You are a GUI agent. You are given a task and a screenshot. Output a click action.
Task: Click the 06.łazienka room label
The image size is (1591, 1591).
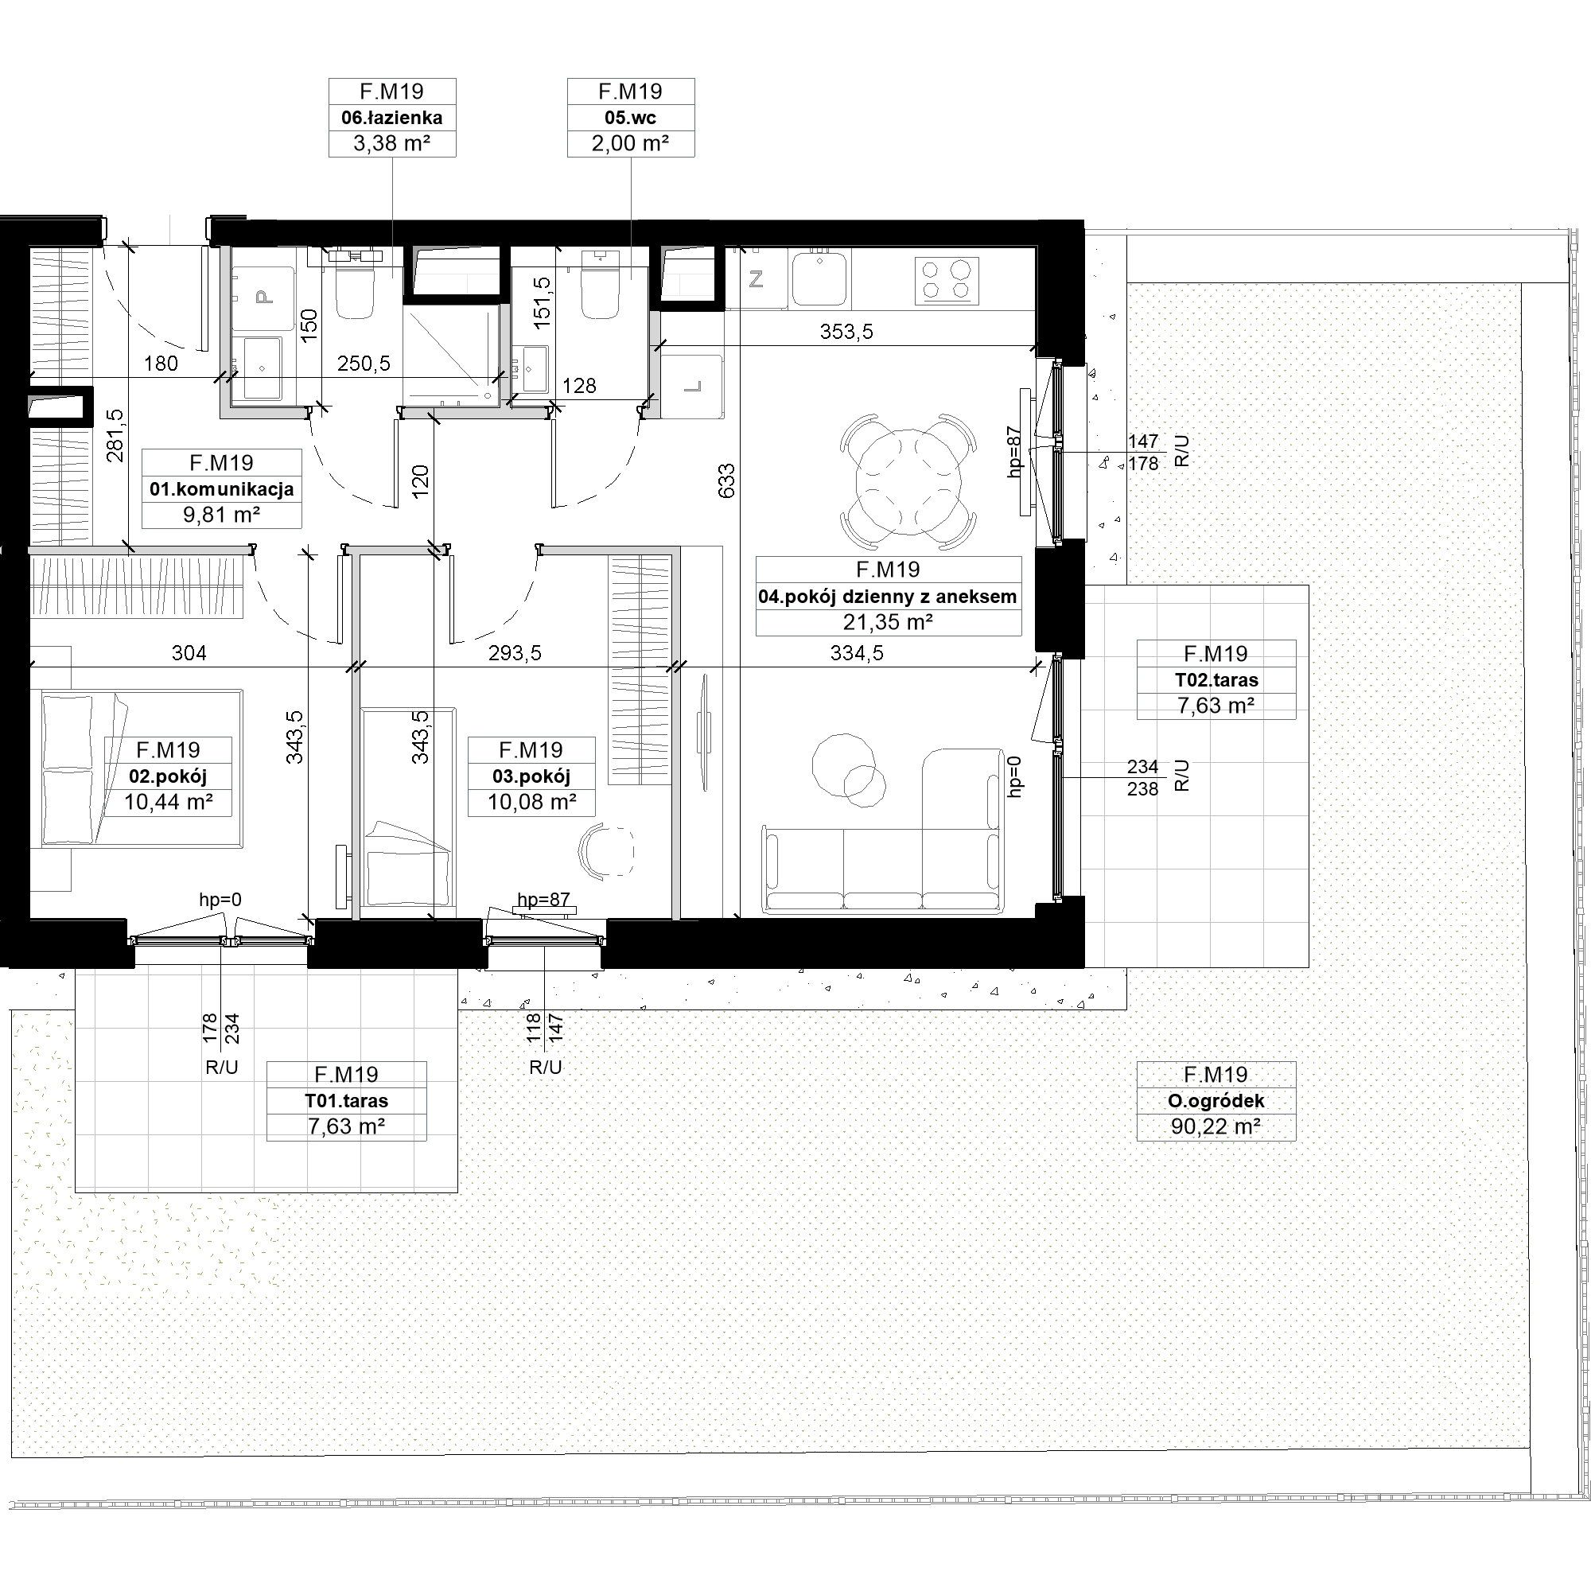click(x=392, y=118)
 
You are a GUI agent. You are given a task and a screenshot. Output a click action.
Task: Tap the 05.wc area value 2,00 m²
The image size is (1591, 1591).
click(x=630, y=143)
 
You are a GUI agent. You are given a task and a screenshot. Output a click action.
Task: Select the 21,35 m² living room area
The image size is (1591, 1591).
click(x=888, y=622)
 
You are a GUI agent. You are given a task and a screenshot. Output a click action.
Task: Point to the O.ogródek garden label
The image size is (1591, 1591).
click(x=1216, y=1101)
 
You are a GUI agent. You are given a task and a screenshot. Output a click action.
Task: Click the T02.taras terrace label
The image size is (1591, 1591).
click(x=1216, y=680)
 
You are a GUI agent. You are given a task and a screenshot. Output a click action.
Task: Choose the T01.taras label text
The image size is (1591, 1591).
click(x=346, y=1101)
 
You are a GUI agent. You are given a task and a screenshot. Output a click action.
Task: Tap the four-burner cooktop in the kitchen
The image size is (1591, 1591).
click(x=946, y=281)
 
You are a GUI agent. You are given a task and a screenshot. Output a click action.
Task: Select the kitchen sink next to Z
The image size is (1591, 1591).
click(x=819, y=278)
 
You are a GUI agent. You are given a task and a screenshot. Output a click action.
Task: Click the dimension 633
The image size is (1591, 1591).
click(x=726, y=481)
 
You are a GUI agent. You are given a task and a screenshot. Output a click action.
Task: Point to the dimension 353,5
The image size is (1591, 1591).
click(x=846, y=332)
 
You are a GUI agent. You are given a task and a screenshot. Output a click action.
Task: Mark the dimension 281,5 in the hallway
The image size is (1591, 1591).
click(x=115, y=436)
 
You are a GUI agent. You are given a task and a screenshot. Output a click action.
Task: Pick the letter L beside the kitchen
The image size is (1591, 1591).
click(x=693, y=387)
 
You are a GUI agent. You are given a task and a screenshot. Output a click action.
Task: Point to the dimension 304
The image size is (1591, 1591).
click(x=189, y=653)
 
